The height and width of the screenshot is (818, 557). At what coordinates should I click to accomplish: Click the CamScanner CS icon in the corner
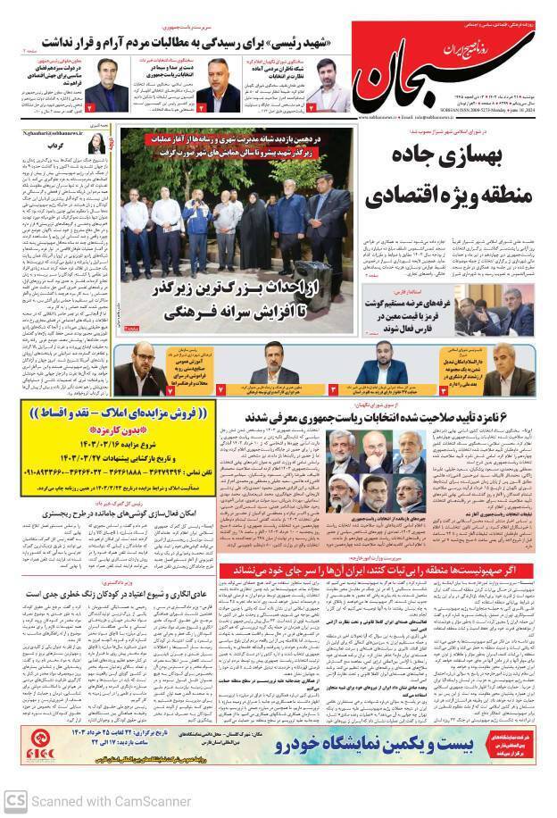(x=15, y=800)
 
